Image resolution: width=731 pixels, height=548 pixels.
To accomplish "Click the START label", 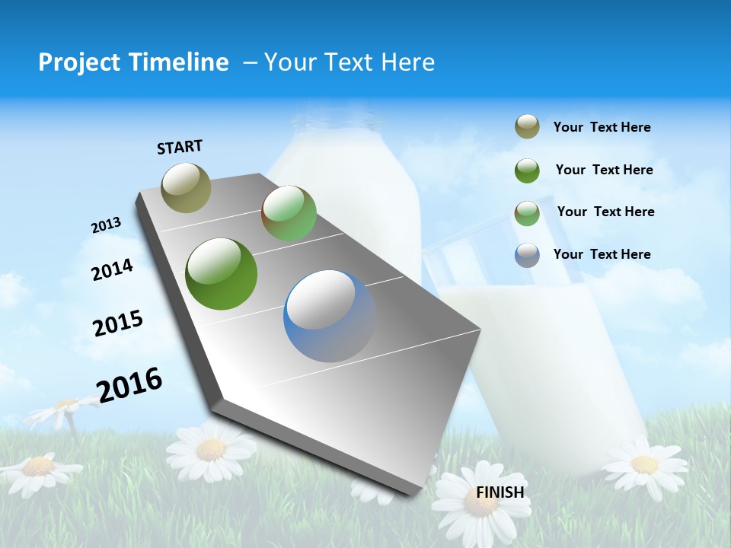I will [x=180, y=147].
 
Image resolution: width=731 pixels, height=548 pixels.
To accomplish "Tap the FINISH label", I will [x=500, y=492].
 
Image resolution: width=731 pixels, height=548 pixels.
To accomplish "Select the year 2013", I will [x=106, y=225].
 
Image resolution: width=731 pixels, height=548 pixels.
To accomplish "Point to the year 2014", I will [x=112, y=270].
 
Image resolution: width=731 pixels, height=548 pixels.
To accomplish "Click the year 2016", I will [x=129, y=384].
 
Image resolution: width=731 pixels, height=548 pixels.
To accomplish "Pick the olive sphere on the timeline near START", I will [x=186, y=187].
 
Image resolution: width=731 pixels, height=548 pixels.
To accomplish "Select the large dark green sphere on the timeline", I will [x=221, y=274].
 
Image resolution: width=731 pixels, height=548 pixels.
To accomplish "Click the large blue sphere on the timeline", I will [x=330, y=316].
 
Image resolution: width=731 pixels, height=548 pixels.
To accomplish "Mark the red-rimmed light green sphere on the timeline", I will [x=289, y=213].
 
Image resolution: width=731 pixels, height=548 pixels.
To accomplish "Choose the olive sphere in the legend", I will [x=527, y=127].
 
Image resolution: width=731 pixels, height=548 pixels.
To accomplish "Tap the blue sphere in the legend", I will [x=527, y=255].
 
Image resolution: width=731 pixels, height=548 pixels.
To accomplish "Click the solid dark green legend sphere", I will [x=527, y=170].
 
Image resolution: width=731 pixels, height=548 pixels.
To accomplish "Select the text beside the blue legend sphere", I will [x=602, y=254].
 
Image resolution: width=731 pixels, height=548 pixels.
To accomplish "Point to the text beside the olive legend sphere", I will [x=602, y=127].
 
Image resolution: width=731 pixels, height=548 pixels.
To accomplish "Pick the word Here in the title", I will [x=407, y=62].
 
